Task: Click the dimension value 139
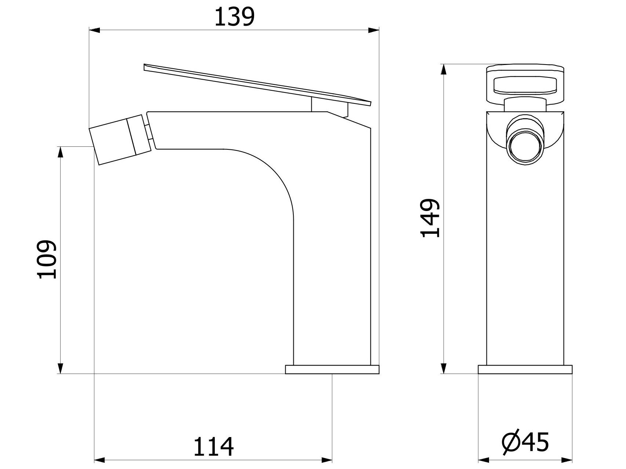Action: pyautogui.click(x=234, y=17)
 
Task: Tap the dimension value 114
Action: pyautogui.click(x=213, y=446)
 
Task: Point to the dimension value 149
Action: pyautogui.click(x=430, y=218)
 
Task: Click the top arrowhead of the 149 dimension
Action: pyautogui.click(x=444, y=70)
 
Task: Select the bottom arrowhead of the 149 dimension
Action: pyautogui.click(x=444, y=368)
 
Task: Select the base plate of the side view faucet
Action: pyautogui.click(x=332, y=369)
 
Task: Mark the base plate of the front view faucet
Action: pyautogui.click(x=525, y=369)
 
